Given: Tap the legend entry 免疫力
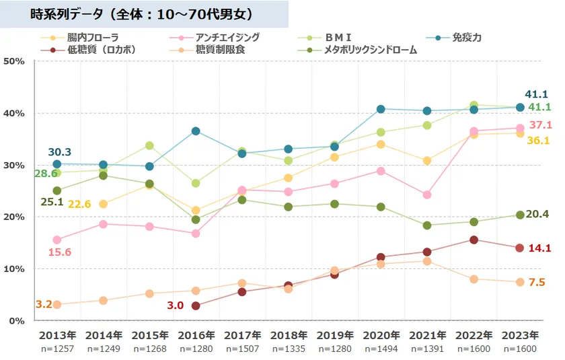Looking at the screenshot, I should (467, 38).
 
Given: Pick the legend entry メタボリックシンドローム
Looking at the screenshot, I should (371, 50).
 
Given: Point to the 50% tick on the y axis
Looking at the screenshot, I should (14, 61).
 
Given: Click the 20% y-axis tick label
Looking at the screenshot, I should (14, 217).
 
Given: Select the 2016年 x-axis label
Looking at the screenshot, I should (196, 335).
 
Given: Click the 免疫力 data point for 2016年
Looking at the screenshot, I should (196, 131).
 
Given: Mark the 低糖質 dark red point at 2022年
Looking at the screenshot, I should (474, 240).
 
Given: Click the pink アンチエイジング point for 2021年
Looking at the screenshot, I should (427, 194).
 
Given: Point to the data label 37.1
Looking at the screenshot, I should (540, 125).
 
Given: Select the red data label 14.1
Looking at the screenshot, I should (540, 248).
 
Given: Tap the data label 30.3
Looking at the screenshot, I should (59, 152).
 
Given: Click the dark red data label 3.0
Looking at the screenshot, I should (175, 305).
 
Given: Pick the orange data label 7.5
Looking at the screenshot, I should (537, 283).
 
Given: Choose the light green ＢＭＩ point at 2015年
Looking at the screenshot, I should (149, 145).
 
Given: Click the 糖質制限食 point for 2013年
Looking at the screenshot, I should (57, 305).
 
